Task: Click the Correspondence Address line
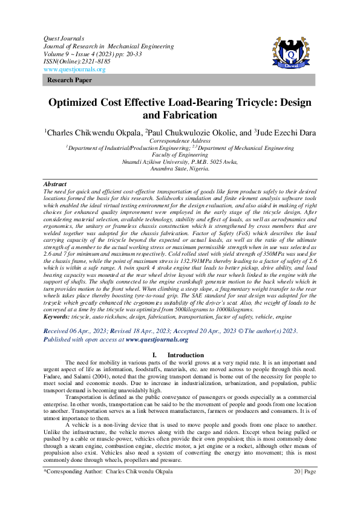180,140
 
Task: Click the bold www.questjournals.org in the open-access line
157,340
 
